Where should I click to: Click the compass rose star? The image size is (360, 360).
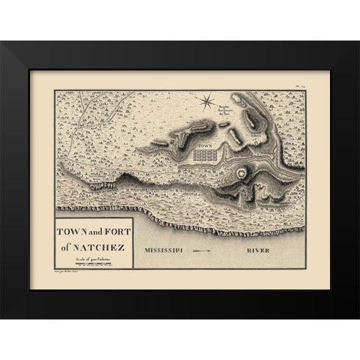pos(207,97)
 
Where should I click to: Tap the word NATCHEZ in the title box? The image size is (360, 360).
pos(100,241)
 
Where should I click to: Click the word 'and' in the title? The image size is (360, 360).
pos(94,229)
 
